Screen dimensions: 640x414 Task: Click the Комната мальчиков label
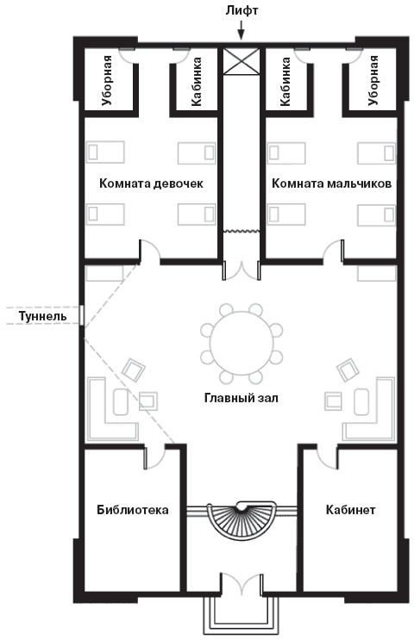click(332, 183)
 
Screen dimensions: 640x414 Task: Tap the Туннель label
click(35, 316)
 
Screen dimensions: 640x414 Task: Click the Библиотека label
click(132, 510)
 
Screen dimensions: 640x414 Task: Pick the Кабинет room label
click(350, 510)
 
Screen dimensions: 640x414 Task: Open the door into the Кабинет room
click(328, 457)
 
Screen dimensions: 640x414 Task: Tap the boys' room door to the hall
click(332, 253)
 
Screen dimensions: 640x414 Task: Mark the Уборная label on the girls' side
click(107, 79)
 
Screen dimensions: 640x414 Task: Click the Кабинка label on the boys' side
click(285, 79)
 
